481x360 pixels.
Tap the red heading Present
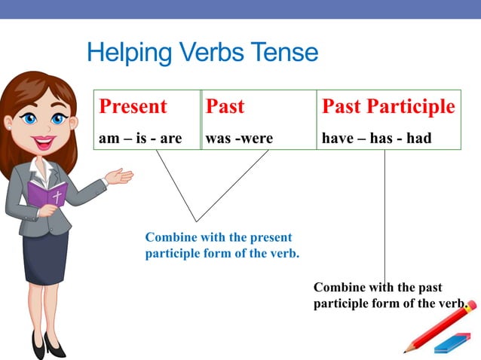point(133,107)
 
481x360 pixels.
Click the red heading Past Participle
point(388,107)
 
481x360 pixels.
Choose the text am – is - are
point(140,139)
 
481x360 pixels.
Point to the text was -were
point(239,139)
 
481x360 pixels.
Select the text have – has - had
point(376,139)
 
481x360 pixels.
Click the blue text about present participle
point(222,246)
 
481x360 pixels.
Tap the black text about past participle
point(388,295)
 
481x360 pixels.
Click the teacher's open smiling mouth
point(43,141)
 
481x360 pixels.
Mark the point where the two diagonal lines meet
point(196,221)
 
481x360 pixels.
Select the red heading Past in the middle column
point(225,107)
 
